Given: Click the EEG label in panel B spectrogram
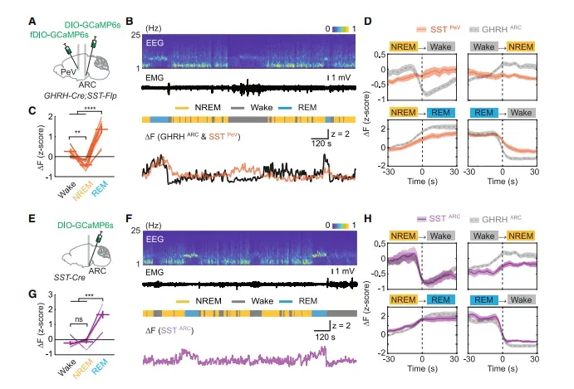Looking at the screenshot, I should pyautogui.click(x=155, y=39).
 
